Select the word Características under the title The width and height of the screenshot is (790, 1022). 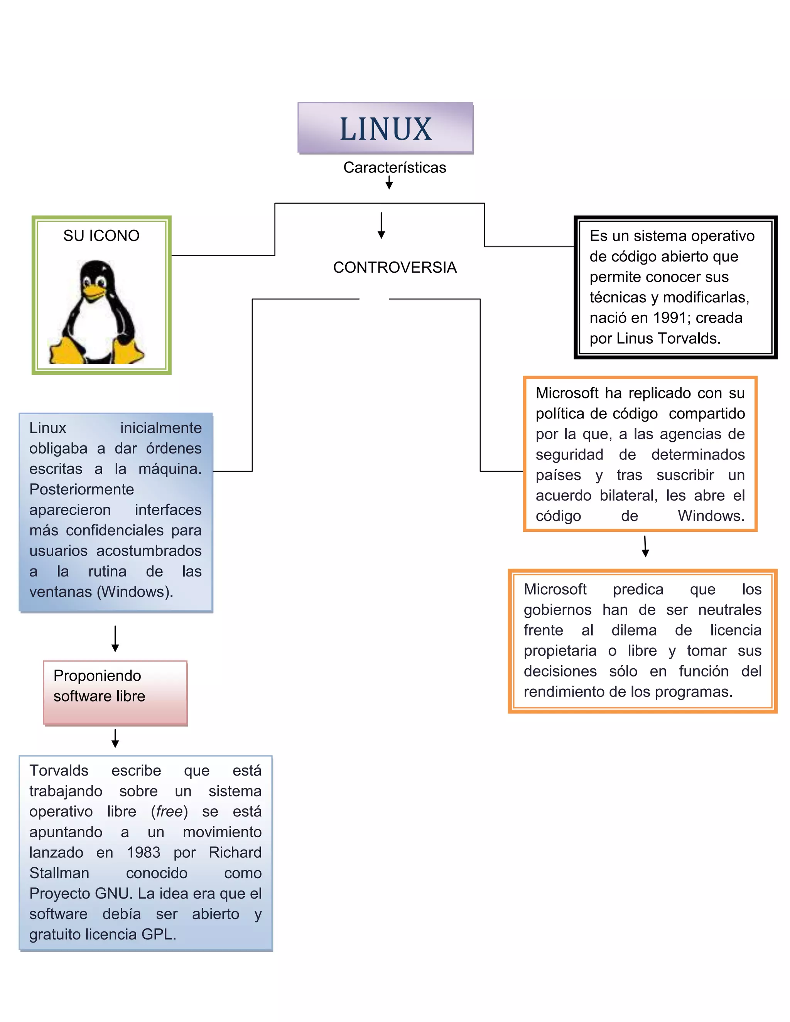[395, 167]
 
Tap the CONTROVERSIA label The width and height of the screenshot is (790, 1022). [395, 267]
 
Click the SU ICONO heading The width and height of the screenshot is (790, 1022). [101, 235]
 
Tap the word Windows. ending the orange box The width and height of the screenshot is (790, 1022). [711, 516]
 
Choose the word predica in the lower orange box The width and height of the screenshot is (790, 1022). [638, 589]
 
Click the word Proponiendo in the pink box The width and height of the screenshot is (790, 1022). [97, 676]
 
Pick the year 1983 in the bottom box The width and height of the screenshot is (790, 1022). [143, 853]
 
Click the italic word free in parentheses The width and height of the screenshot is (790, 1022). [169, 811]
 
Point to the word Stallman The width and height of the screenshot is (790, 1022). [59, 873]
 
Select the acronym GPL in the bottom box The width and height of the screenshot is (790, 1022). [157, 934]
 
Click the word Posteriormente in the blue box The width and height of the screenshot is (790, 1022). [81, 489]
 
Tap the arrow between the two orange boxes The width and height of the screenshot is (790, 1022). [645, 546]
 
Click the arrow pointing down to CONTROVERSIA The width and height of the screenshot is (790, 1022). [381, 226]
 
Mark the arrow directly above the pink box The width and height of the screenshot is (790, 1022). [115, 638]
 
